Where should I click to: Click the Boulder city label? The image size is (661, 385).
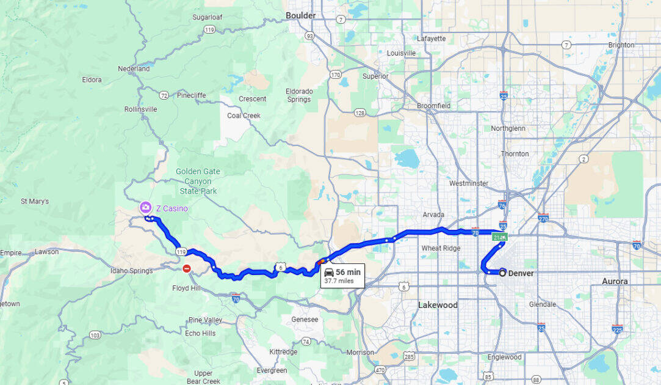pos(301,15)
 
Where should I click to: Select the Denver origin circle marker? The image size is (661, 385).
pos(502,273)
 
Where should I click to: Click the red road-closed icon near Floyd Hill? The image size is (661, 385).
pos(187,268)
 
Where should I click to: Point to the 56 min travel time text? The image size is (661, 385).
pos(348,272)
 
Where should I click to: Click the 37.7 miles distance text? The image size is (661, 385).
pos(339,281)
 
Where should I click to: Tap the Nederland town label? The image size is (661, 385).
pos(134,69)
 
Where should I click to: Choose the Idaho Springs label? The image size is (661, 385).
pos(131,271)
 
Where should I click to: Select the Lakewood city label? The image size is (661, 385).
pos(438,305)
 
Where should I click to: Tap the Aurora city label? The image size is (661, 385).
pos(615,281)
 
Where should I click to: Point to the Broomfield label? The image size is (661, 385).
pos(433,106)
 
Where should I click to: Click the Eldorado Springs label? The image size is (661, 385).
pos(299,95)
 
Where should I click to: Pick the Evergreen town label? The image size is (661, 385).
pos(272,370)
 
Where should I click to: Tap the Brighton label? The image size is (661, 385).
pos(621,45)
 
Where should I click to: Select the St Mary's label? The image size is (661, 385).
pos(35,201)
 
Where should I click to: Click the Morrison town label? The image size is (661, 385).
pos(359,353)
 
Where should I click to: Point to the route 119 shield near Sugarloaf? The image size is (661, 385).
pos(209,29)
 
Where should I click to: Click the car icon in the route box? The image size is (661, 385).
pos(328,272)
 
